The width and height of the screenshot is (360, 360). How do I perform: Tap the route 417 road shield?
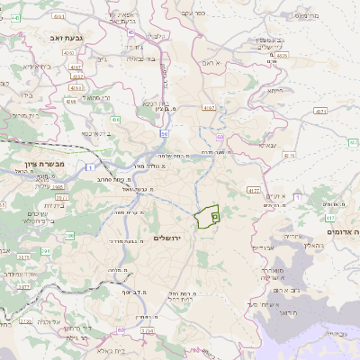pos(329,217)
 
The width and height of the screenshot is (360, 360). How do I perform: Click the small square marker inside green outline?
pos(215,216)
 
